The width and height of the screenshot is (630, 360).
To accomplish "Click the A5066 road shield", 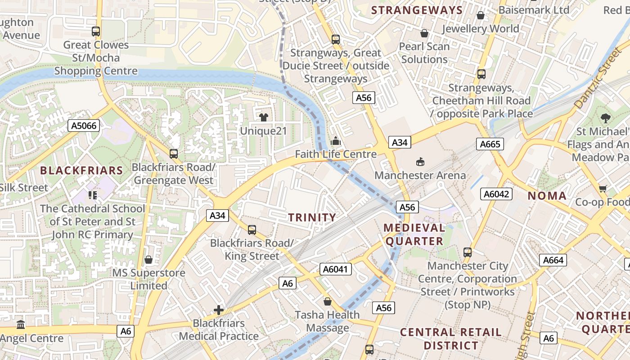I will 84,126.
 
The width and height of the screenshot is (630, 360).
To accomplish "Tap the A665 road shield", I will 490,144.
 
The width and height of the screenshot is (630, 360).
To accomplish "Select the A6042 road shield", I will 496,194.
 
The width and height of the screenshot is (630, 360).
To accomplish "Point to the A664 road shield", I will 553,260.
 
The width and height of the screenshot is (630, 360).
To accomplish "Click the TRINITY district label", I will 312,218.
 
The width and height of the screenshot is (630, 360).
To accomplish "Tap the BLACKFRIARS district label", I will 81,171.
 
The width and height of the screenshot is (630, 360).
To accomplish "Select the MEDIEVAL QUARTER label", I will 414,234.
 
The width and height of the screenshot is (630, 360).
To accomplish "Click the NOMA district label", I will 547,196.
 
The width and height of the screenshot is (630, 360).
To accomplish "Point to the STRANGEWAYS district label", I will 417,10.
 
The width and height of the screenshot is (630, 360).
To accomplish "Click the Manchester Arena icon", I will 420,162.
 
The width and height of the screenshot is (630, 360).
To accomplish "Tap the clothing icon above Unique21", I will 263,117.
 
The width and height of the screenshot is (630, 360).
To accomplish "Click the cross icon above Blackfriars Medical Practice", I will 219,310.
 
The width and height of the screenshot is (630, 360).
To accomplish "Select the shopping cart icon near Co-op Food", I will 603,189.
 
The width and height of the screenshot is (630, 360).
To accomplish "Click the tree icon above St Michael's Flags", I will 605,118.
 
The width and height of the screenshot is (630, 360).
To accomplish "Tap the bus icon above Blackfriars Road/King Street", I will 252,230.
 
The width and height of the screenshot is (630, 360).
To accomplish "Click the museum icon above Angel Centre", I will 21,324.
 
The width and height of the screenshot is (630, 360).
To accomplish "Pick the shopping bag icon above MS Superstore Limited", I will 148,260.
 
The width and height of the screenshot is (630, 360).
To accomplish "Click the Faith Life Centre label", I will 336,154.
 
